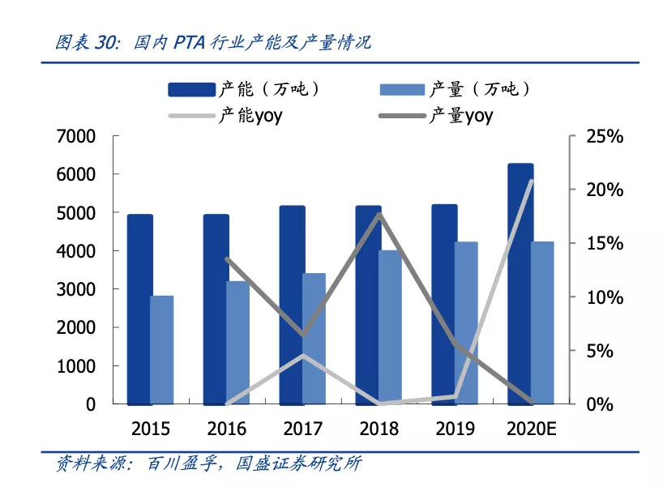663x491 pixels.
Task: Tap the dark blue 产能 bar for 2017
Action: (x=292, y=305)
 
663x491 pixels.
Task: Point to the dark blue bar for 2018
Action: (x=368, y=305)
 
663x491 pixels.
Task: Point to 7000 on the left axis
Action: (x=77, y=137)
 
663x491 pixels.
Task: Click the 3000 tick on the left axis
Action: (x=77, y=289)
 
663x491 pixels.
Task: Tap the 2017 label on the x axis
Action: (x=302, y=429)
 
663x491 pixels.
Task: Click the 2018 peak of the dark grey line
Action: (x=379, y=214)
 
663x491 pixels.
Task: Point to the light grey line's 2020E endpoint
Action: (x=531, y=181)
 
